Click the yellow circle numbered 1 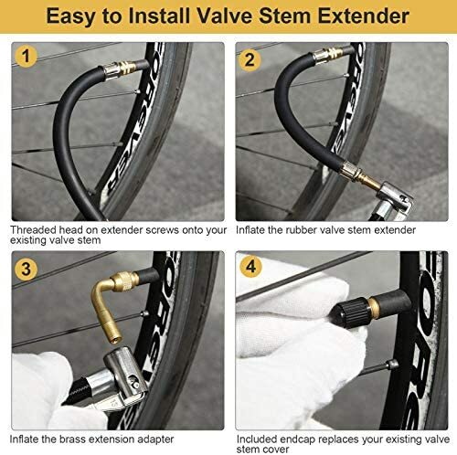click(x=27, y=57)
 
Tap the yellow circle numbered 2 click(x=250, y=59)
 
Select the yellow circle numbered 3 click(x=27, y=269)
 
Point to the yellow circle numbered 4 click(x=250, y=267)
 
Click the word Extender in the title click(x=363, y=16)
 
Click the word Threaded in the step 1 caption click(x=34, y=230)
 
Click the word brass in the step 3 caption click(x=72, y=439)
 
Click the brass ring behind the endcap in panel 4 click(x=374, y=308)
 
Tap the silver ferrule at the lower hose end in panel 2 click(x=349, y=171)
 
